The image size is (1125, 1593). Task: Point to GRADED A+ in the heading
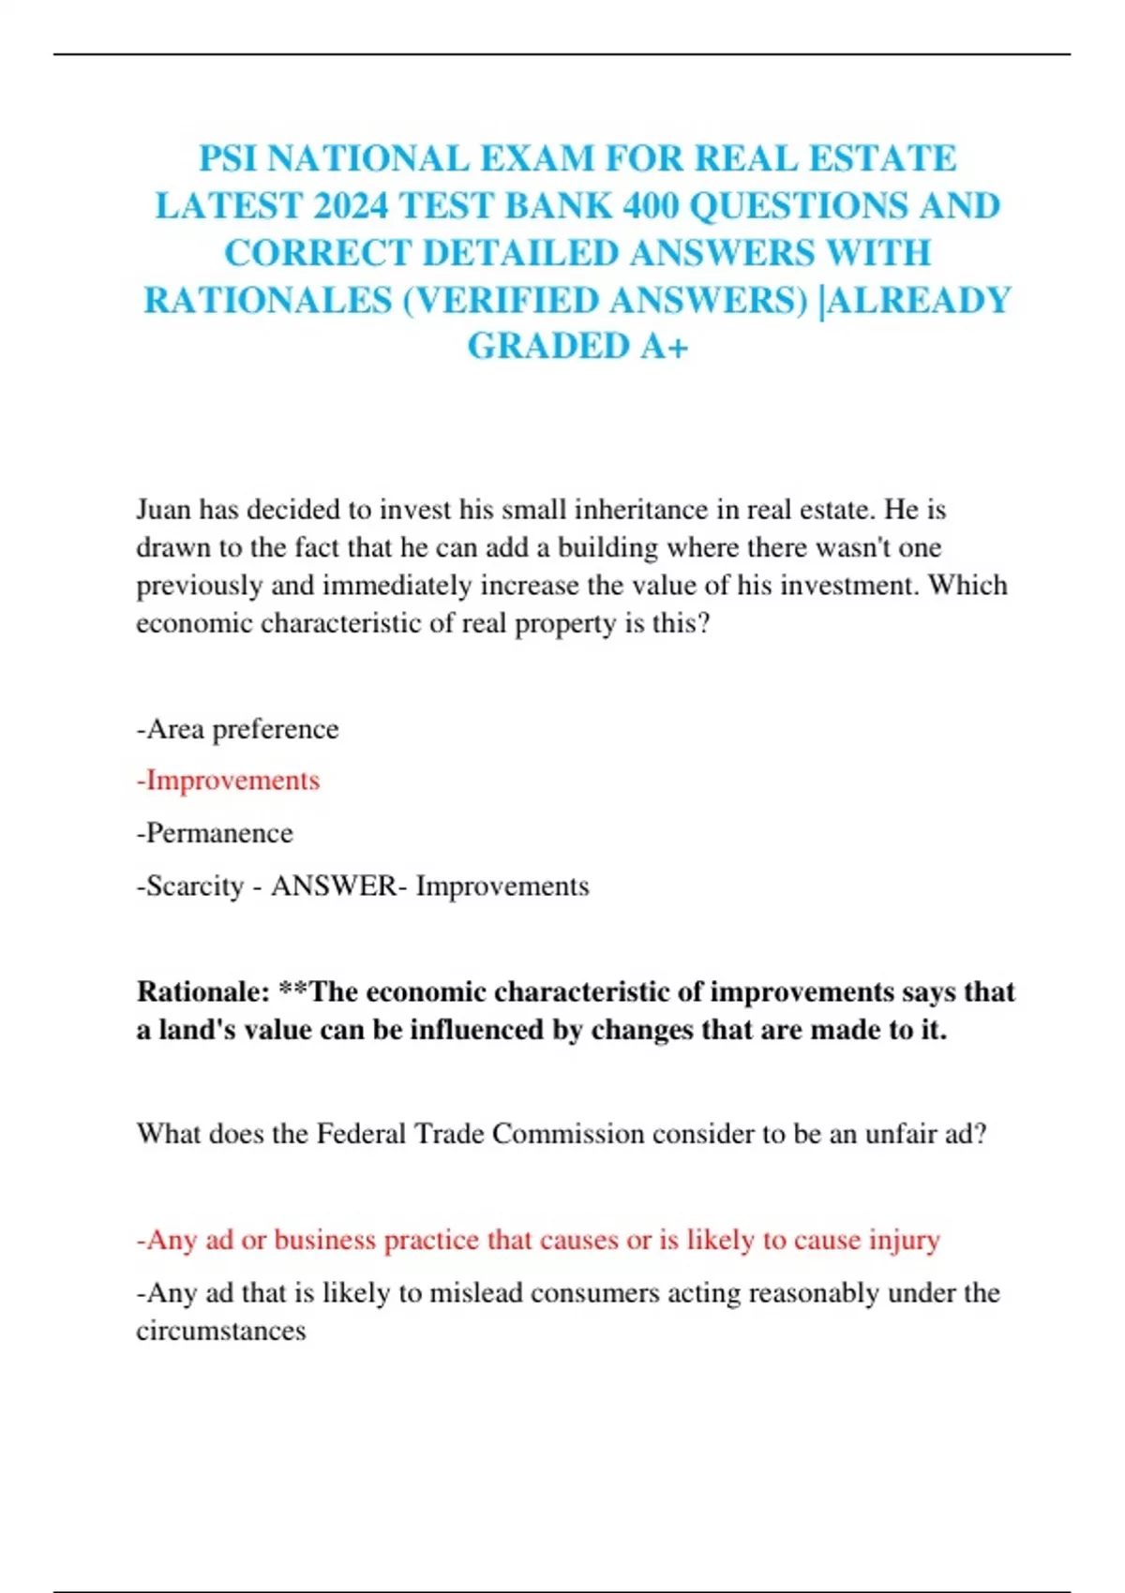coord(577,346)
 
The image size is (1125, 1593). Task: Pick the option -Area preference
coord(237,729)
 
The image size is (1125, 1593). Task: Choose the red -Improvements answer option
coord(228,781)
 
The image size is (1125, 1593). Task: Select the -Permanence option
coord(215,833)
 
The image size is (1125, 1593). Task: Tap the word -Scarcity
coord(190,886)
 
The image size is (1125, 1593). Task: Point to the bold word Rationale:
coord(203,991)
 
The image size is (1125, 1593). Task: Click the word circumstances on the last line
coord(221,1331)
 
